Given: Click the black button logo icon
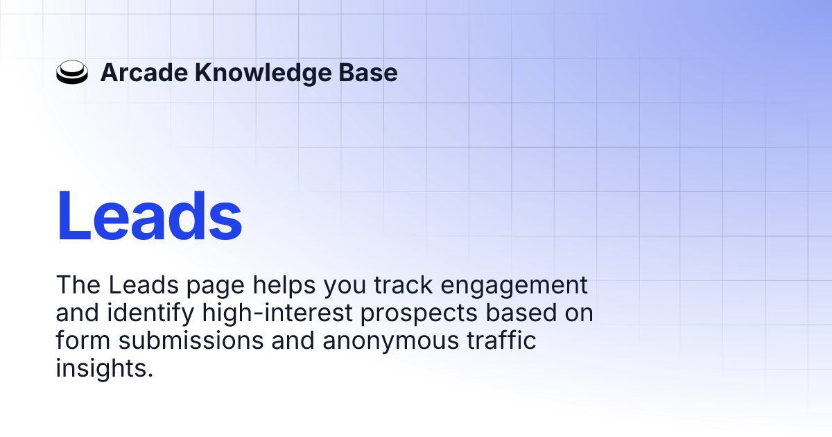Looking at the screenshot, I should pos(72,73).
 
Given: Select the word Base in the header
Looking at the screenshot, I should pos(372,73).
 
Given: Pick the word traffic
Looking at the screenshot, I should pos(502,341).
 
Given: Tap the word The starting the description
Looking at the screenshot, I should pos(77,285).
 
